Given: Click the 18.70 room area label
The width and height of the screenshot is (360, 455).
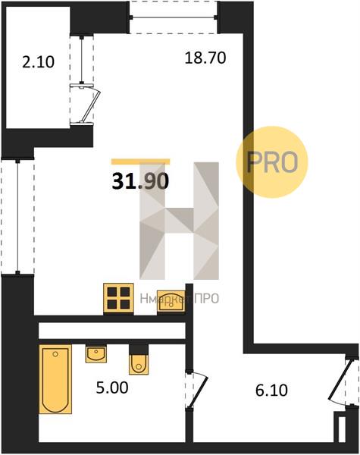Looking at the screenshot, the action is click(205, 58).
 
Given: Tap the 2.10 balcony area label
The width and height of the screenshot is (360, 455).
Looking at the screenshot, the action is click(39, 62).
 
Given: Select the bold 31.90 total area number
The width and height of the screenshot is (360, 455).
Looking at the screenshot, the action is click(140, 182).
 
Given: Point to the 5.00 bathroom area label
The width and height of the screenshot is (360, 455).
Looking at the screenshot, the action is click(112, 388).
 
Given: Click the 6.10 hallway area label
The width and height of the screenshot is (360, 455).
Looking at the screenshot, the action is click(271, 391).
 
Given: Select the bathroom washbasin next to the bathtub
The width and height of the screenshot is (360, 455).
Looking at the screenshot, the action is click(96, 354).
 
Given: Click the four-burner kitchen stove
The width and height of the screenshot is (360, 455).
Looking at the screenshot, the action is click(119, 300).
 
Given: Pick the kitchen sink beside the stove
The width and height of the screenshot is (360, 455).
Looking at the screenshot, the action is click(171, 302).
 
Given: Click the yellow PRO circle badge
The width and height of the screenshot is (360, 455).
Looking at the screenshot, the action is click(272, 162).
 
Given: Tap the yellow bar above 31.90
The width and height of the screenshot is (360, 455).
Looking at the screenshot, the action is click(141, 162).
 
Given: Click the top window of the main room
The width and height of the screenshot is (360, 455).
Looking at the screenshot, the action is click(174, 17).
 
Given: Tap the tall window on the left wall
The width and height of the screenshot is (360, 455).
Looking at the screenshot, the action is click(18, 216).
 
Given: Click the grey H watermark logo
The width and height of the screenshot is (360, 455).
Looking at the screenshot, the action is click(179, 221).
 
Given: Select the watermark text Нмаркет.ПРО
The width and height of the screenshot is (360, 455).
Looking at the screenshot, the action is click(179, 298).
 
